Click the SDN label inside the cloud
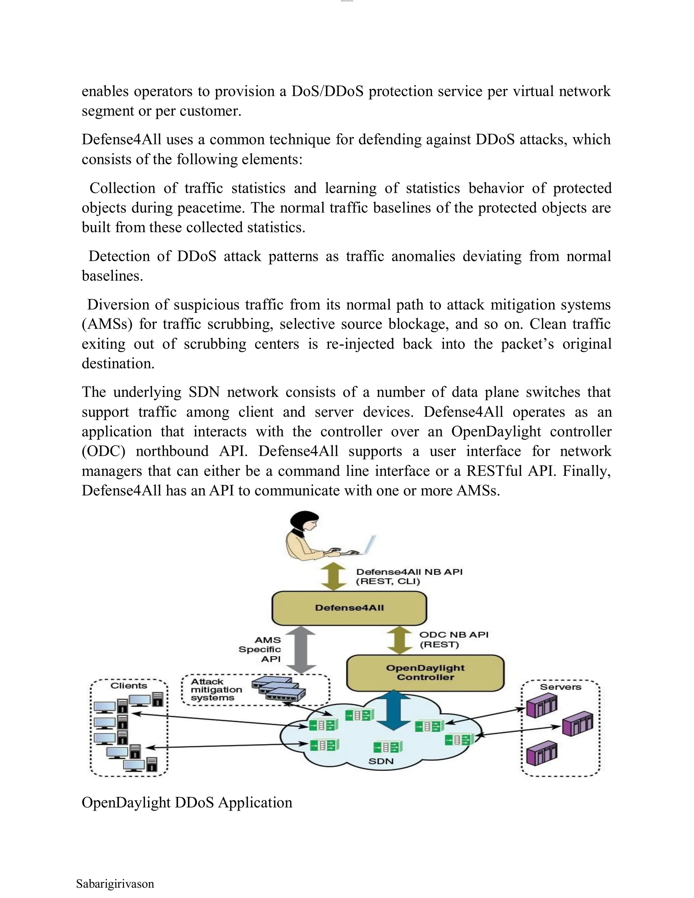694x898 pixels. [381, 761]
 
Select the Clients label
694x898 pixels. [129, 686]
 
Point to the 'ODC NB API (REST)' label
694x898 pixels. [453, 639]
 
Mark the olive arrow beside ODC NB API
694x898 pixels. [400, 640]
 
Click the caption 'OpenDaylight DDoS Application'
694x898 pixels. [187, 802]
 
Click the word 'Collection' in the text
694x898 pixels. [122, 188]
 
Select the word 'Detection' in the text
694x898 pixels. [119, 256]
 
